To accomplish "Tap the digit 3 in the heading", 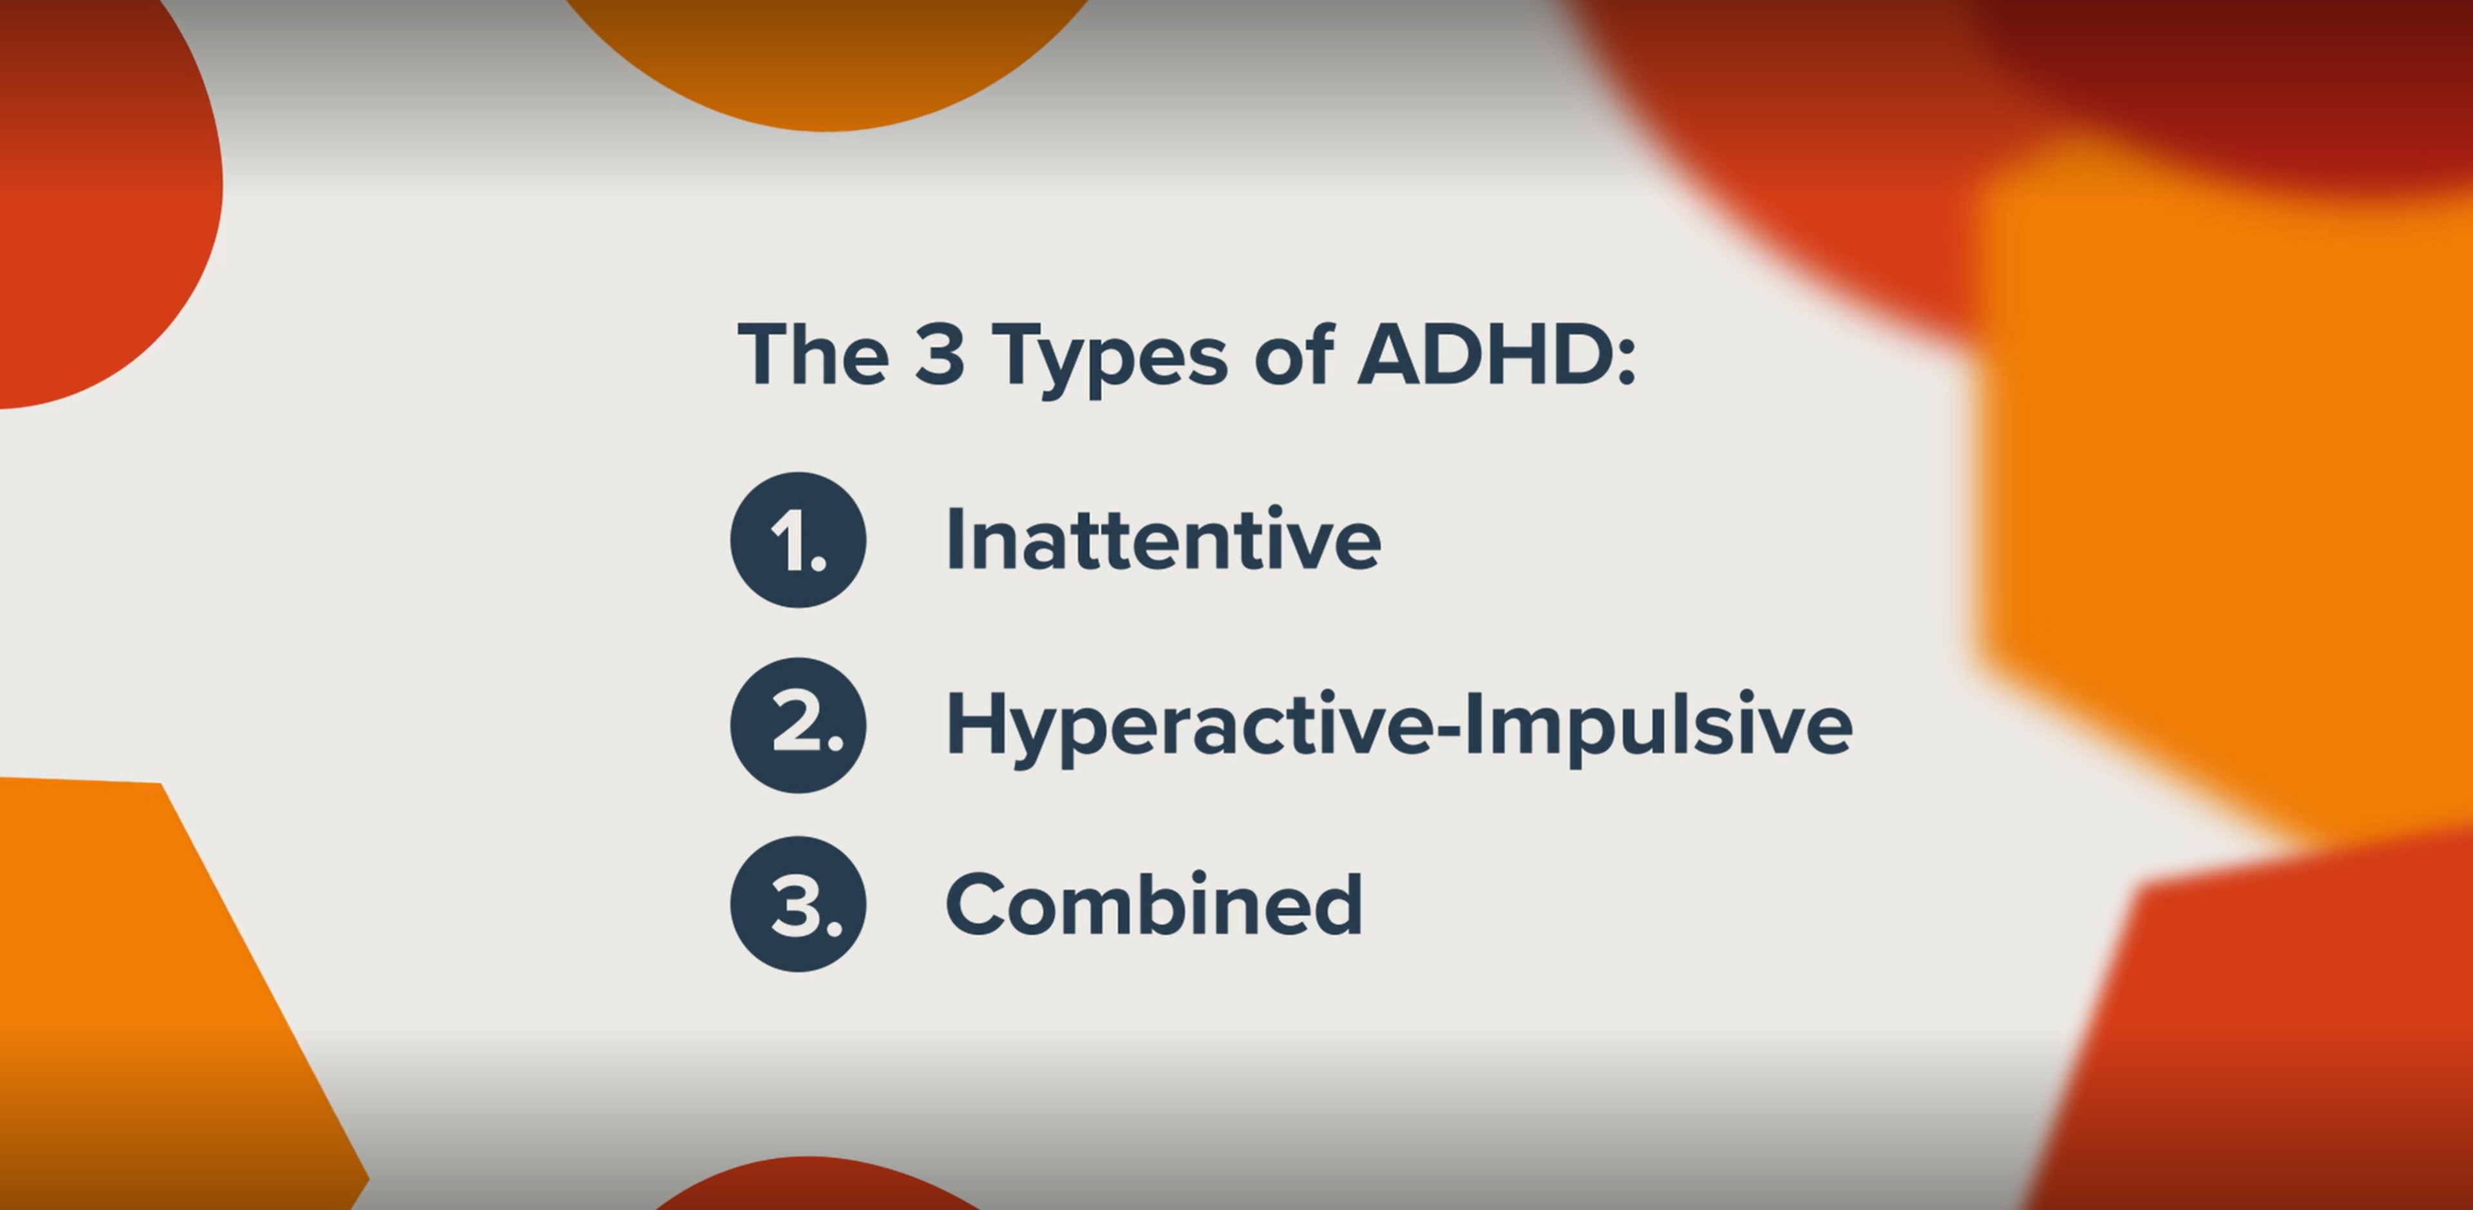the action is (x=939, y=354).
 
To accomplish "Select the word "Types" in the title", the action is (x=1110, y=361).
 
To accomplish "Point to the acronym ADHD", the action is (x=1483, y=354).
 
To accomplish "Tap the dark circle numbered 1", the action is (x=798, y=540).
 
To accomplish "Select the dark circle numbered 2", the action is (x=798, y=725).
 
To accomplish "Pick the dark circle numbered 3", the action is (x=798, y=904).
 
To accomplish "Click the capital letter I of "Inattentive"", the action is (x=954, y=538).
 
